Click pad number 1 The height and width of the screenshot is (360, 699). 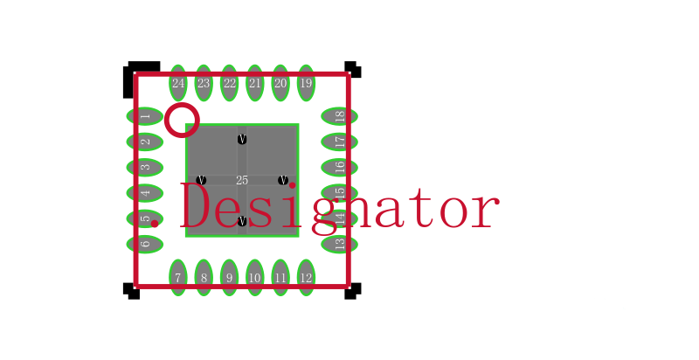(145, 116)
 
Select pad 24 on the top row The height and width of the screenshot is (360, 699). (178, 83)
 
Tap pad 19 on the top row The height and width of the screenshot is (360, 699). (306, 83)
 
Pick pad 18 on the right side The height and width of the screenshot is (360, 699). (339, 116)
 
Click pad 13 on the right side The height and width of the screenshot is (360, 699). (339, 244)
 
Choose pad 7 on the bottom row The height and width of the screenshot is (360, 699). (178, 277)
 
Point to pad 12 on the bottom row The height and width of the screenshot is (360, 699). (306, 277)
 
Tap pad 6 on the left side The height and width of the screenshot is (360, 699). (145, 244)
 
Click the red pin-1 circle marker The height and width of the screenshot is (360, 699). (182, 120)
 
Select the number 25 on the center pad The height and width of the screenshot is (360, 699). (242, 180)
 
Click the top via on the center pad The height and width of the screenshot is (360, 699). (242, 140)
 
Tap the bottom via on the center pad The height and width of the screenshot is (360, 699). (242, 221)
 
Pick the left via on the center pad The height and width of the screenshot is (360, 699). (201, 180)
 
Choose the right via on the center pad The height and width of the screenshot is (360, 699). (283, 180)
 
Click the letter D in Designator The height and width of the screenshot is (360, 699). (194, 207)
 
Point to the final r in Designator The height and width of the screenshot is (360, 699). (485, 211)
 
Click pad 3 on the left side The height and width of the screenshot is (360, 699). (145, 168)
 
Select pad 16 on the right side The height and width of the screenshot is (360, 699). (339, 168)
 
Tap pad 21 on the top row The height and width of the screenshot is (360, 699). (254, 83)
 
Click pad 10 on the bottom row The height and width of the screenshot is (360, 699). (254, 277)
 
